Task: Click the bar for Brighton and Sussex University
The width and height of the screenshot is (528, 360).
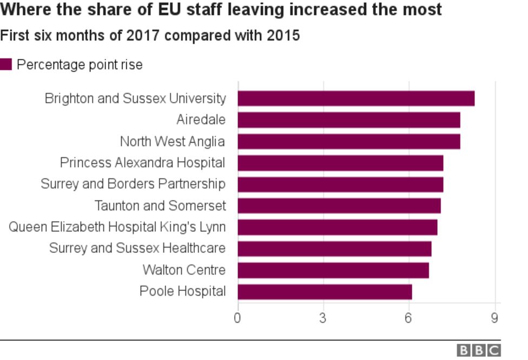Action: click(x=356, y=98)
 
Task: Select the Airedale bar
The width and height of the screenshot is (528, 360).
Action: click(x=349, y=120)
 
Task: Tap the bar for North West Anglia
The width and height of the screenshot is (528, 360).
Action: click(x=349, y=142)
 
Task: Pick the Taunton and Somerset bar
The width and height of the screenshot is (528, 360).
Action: click(x=339, y=206)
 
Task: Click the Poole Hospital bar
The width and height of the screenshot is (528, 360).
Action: click(x=325, y=292)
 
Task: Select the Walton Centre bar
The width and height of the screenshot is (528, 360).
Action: click(x=333, y=270)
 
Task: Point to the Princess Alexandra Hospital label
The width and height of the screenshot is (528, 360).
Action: click(x=142, y=163)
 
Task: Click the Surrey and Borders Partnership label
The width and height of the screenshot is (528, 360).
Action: click(x=133, y=184)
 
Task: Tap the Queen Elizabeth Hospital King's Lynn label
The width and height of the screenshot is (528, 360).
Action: click(x=117, y=227)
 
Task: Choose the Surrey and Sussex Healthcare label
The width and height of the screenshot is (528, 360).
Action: click(x=137, y=249)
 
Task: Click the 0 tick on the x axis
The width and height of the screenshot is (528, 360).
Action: click(x=237, y=318)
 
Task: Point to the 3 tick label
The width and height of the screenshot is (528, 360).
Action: click(x=323, y=318)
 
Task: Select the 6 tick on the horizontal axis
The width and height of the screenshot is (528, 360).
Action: click(x=409, y=318)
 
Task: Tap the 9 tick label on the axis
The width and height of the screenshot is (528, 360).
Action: click(x=494, y=318)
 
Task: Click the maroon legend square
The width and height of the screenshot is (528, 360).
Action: click(x=6, y=65)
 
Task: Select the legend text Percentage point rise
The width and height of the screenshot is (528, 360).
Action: click(x=80, y=65)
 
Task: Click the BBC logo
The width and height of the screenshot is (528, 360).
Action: click(x=479, y=351)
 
